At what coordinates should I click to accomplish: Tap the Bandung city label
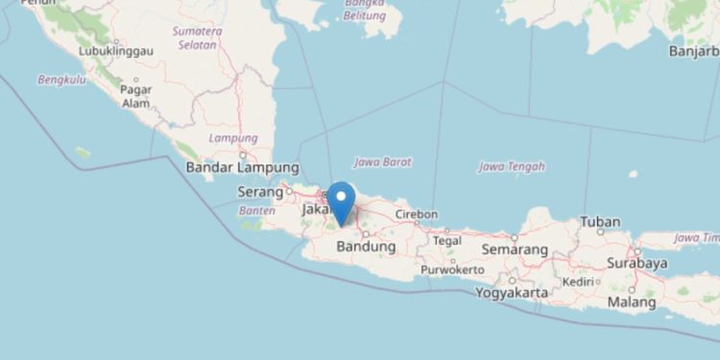pos(366,247)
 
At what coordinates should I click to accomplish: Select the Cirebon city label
pos(416,214)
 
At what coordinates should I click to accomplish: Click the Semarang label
pos(516,250)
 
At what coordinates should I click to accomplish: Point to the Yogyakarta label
pos(511,292)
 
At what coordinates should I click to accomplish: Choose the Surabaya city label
pos(636,262)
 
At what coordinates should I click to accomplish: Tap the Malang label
pos(631,303)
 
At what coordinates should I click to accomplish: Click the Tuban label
pos(600,223)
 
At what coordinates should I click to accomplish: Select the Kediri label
pos(579,281)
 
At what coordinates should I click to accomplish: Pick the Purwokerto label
pos(452,270)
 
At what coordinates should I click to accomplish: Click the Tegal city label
pos(447,240)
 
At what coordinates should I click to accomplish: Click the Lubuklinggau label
pos(111,52)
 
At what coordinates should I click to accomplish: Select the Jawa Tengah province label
pos(512,166)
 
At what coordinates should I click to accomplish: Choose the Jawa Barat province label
pos(382,161)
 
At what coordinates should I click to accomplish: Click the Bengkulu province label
pos(61,80)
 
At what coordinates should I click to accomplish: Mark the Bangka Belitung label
pos(365,9)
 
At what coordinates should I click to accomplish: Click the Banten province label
pos(256,210)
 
